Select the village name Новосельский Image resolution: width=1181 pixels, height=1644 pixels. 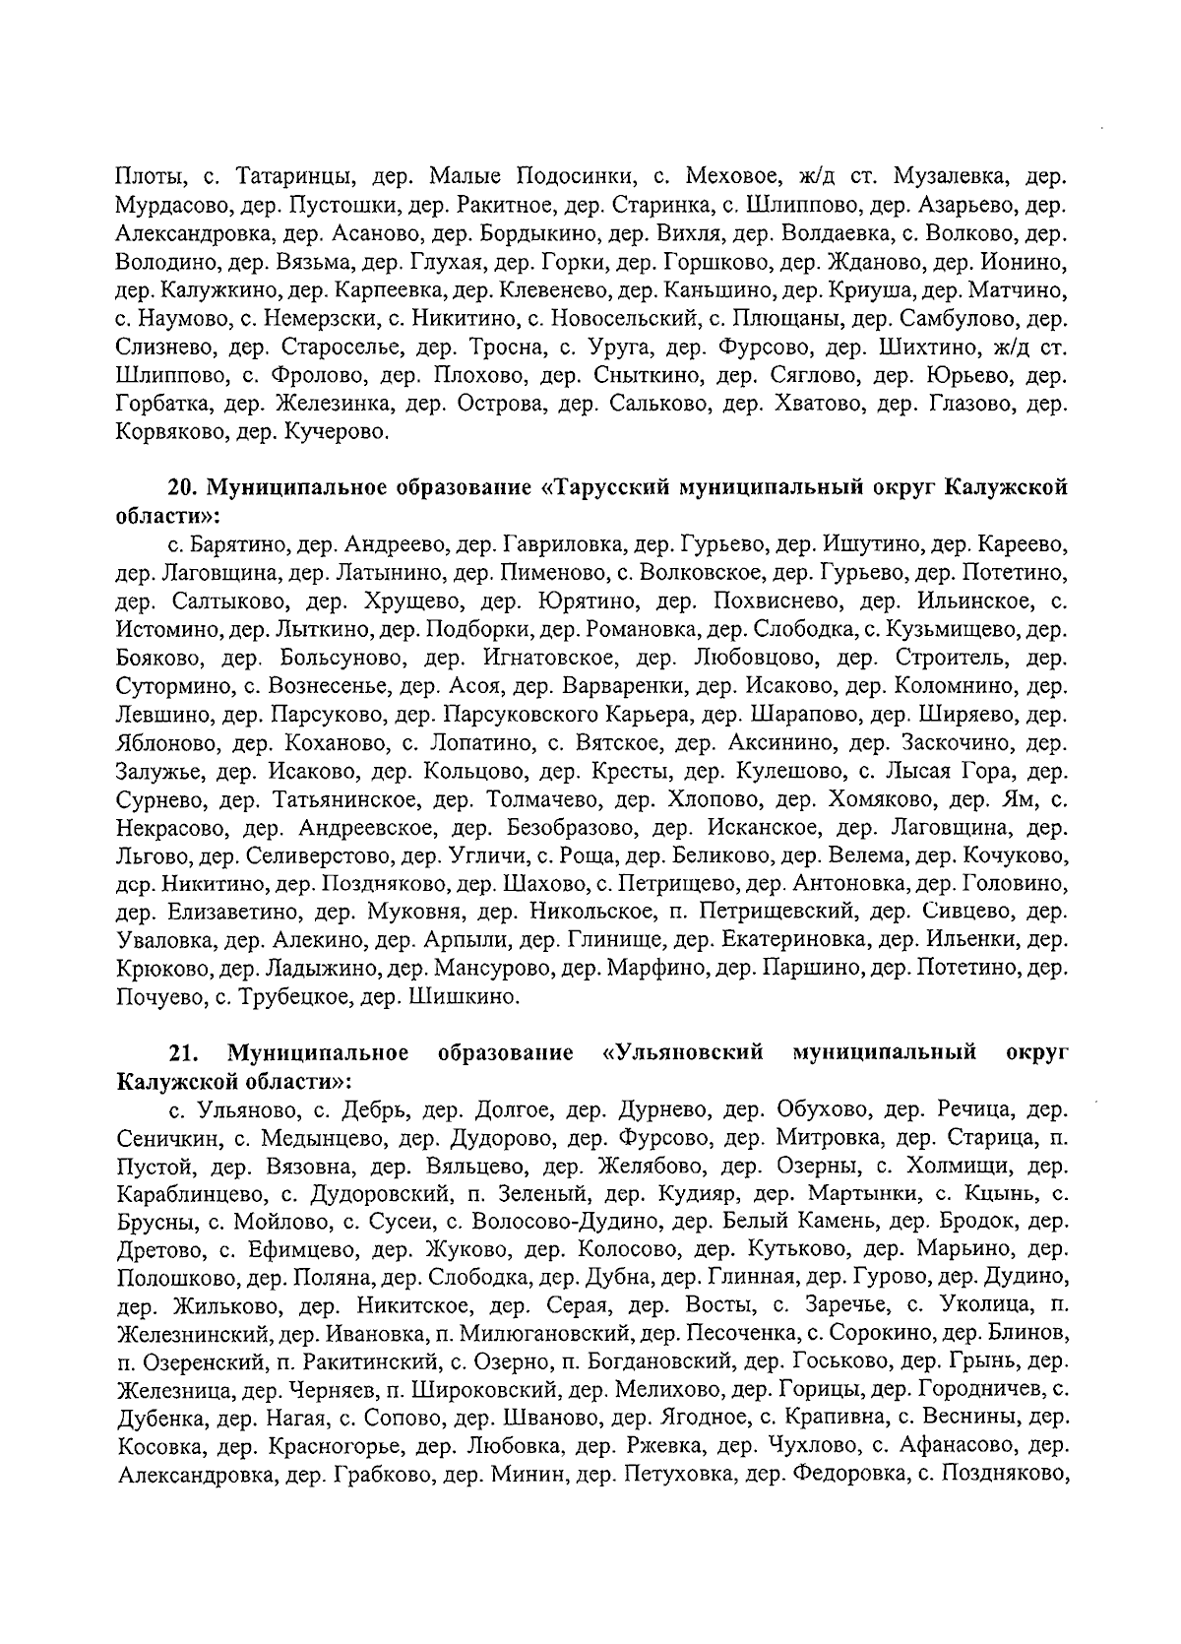[610, 320]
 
